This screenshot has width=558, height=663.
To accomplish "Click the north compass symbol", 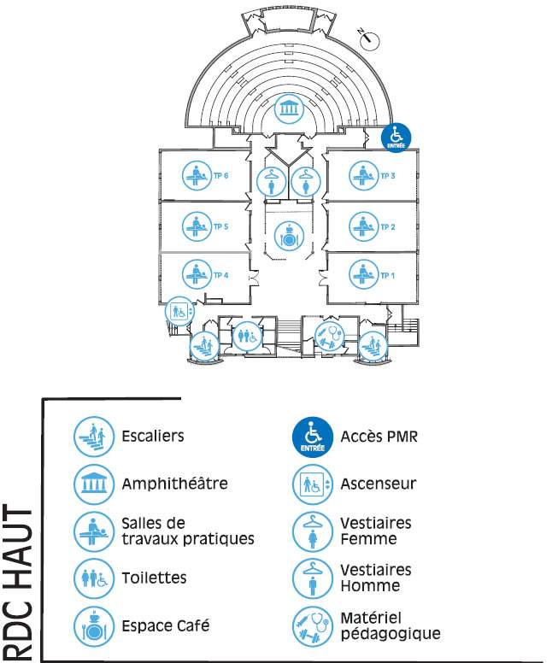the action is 369,39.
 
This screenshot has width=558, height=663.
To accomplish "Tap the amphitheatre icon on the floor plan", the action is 289,109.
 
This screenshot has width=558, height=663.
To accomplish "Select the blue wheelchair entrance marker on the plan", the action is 396,138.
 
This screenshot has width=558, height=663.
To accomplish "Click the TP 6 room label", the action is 220,175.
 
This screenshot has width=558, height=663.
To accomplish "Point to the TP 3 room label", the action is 387,175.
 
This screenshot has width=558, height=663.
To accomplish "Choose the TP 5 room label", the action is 220,226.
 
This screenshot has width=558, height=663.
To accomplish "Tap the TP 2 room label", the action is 387,227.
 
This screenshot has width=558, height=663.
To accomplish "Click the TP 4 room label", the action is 220,275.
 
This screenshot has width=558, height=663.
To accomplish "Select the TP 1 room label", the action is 387,276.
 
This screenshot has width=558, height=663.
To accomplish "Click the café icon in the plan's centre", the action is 289,236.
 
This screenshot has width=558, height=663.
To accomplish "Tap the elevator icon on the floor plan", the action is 179,311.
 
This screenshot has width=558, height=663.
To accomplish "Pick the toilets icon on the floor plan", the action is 247,336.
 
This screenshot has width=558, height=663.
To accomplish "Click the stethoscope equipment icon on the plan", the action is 330,337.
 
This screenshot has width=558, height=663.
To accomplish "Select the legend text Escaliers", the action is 153,436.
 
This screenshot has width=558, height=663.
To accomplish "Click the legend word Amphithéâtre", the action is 174,484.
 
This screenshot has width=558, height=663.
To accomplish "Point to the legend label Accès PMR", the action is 379,437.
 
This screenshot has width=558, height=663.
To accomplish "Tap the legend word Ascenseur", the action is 379,484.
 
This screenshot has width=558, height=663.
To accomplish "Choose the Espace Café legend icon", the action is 94,626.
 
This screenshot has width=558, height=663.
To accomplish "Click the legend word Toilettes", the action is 154,578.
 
